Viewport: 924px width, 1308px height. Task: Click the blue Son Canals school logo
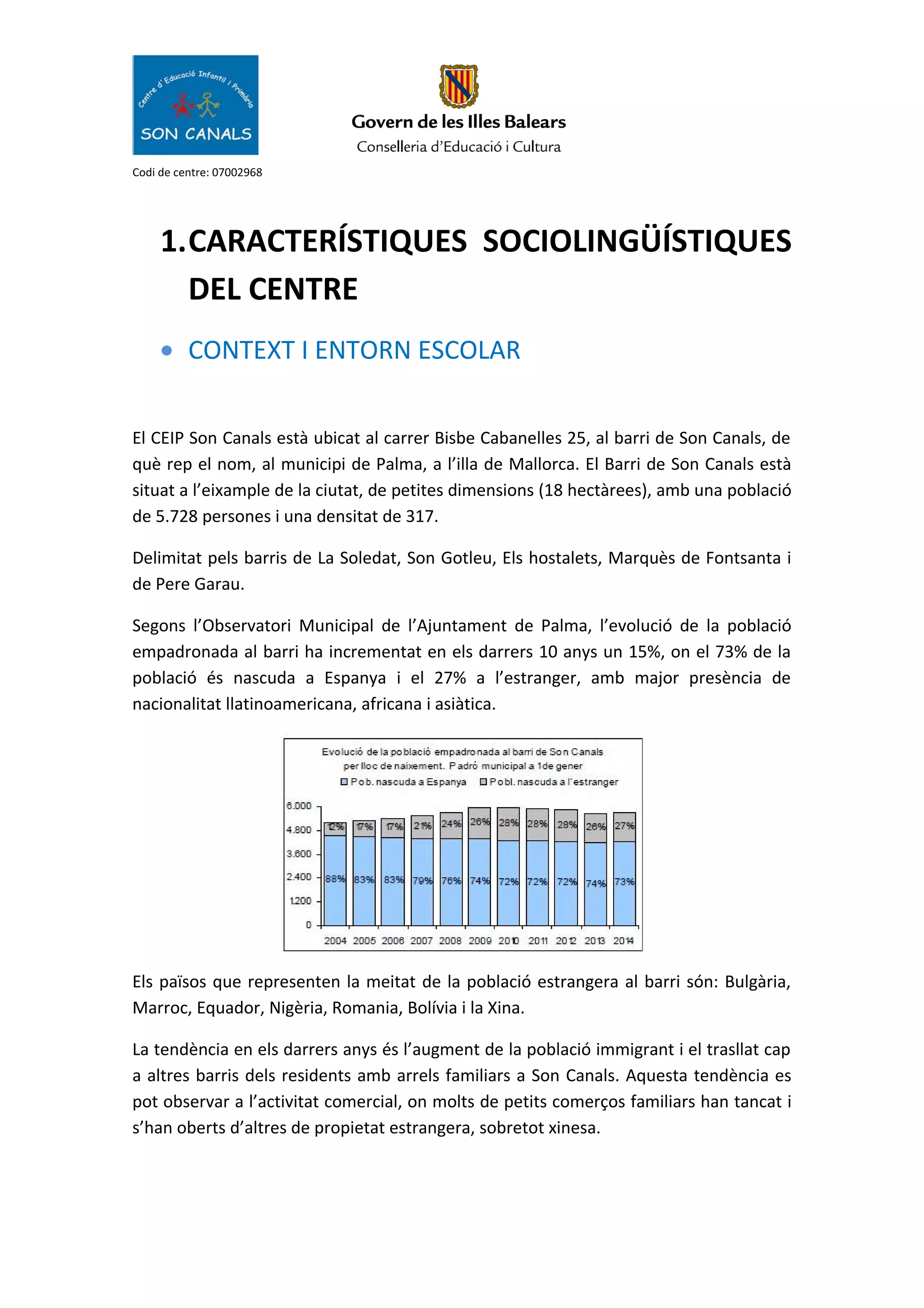(x=195, y=105)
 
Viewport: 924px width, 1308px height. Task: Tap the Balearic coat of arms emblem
(x=458, y=86)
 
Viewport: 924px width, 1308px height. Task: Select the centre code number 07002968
(x=237, y=172)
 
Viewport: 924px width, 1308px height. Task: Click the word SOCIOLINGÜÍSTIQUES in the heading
(x=637, y=241)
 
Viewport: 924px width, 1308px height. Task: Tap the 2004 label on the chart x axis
(x=335, y=941)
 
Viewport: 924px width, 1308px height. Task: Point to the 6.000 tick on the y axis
(x=299, y=806)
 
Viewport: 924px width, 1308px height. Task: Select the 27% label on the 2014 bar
(x=624, y=826)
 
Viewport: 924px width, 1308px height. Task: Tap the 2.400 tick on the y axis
(x=299, y=877)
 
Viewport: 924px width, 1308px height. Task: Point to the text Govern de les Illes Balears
(x=458, y=122)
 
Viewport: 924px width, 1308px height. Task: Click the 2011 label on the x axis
(x=538, y=941)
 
